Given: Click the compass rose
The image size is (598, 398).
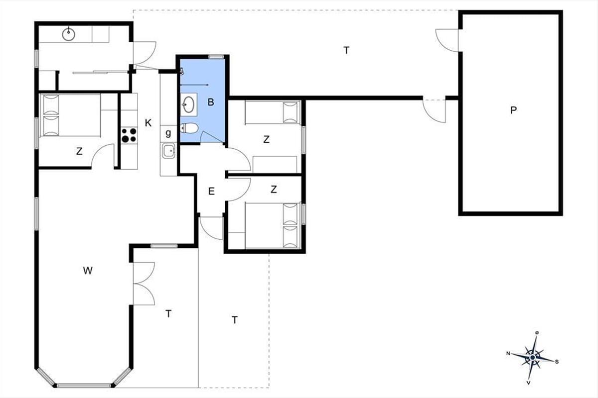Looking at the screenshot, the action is (x=533, y=358).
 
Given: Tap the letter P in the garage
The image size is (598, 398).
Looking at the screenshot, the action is (x=513, y=110).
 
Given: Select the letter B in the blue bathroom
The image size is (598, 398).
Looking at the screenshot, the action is (x=211, y=102).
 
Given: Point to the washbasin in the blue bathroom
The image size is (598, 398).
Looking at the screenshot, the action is (x=189, y=104).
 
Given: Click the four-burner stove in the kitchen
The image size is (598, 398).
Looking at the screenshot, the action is (x=129, y=135).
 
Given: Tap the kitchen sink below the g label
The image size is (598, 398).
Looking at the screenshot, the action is (x=169, y=151).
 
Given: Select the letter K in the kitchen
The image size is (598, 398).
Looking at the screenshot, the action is (x=148, y=123).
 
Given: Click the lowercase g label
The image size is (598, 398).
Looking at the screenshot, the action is (x=168, y=133).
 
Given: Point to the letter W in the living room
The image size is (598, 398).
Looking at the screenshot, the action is (x=88, y=271).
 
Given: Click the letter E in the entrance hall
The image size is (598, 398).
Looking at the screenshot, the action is (x=211, y=191).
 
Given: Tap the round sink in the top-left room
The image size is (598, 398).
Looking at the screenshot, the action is (x=69, y=34).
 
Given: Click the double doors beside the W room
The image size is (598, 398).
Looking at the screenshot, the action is (x=144, y=284).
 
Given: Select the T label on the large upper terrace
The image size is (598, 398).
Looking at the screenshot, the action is (x=346, y=50).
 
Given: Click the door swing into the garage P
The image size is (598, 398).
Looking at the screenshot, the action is (x=447, y=40).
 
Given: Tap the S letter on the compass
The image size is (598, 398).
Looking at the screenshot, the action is (x=557, y=362).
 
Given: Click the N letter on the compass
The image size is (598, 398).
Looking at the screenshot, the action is (x=508, y=354).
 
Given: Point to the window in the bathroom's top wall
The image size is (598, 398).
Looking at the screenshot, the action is (x=216, y=57).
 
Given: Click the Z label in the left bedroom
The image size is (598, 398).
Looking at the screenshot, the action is (x=79, y=151).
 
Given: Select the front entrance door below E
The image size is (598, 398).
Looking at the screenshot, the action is (x=211, y=228).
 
